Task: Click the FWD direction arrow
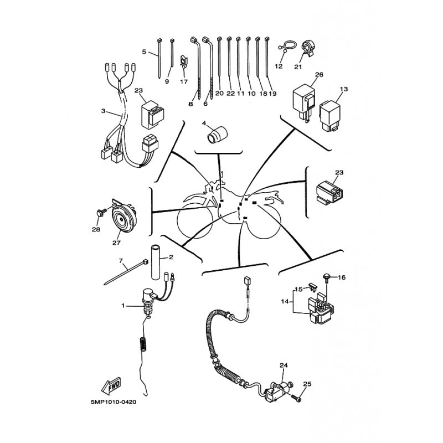point(111,385)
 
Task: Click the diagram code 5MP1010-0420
point(114,402)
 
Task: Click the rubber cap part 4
point(217,135)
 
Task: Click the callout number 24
point(284,365)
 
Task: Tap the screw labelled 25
point(297,398)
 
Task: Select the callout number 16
point(342,277)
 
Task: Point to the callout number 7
point(121,260)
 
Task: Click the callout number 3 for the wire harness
point(103,111)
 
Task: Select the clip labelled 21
point(307,48)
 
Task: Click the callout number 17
point(184,81)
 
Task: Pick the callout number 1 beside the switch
point(123,306)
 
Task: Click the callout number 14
point(285,301)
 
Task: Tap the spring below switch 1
point(143,344)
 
